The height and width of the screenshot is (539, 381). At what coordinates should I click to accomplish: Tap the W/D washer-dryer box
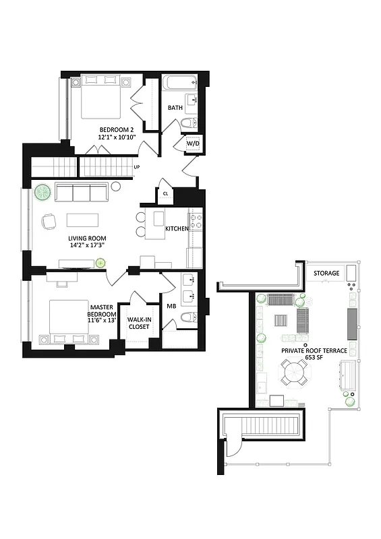(x=193, y=144)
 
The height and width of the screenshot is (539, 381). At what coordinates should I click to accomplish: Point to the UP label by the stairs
(x=137, y=166)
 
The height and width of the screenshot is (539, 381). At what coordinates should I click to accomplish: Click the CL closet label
(x=165, y=194)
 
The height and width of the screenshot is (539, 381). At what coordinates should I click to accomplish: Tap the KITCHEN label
(x=177, y=229)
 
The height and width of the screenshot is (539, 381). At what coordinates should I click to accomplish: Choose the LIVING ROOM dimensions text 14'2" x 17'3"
(x=87, y=247)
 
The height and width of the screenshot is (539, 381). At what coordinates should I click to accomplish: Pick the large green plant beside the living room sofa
(x=42, y=193)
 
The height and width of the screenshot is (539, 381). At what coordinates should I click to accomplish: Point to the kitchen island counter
(x=159, y=219)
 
